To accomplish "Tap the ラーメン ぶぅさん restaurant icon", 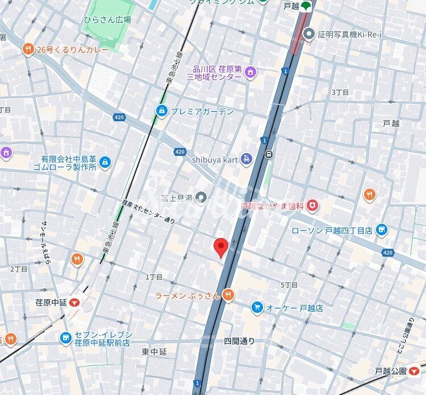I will (x=228, y=294).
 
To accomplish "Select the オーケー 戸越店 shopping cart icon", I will (x=257, y=308).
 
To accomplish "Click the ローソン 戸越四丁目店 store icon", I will (x=382, y=230).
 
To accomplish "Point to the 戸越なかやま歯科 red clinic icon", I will (x=312, y=205).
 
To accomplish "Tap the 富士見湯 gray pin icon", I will (x=201, y=197).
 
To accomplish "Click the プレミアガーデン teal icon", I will (x=162, y=111).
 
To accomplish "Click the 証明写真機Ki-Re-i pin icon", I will (x=308, y=35).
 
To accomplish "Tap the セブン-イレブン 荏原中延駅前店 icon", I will (x=66, y=338).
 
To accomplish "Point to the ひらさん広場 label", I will (x=107, y=19).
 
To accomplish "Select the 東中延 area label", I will (x=154, y=351).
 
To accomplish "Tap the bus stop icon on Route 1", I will (x=269, y=154).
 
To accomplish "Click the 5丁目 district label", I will (x=289, y=284).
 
